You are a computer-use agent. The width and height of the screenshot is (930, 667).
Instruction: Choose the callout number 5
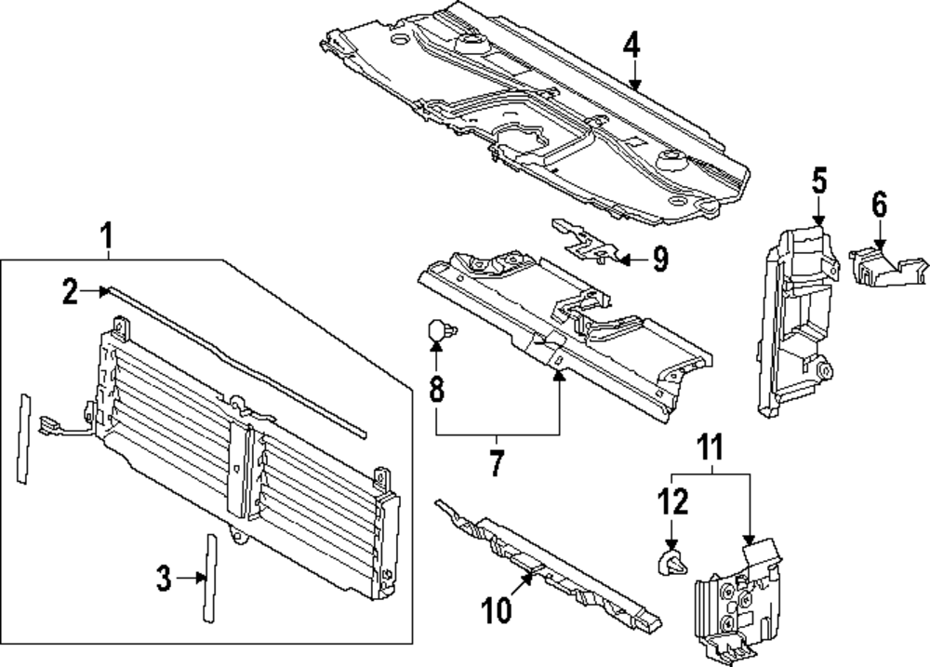(x=818, y=180)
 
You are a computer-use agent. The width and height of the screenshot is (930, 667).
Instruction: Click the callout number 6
(x=880, y=203)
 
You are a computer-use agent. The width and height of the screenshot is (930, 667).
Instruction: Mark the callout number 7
(x=497, y=462)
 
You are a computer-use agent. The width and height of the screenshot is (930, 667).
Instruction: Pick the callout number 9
(x=658, y=260)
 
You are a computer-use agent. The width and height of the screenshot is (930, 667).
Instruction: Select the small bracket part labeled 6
(x=883, y=264)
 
